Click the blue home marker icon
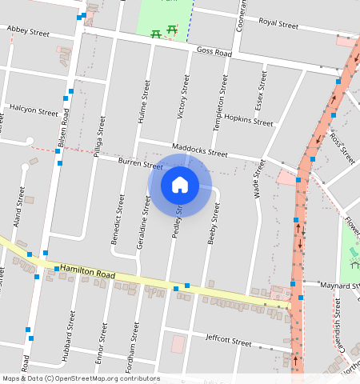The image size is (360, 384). pos(180,186)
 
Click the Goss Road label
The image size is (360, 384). pos(214,51)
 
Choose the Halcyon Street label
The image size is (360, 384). pos(33,110)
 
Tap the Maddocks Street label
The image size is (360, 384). pos(200,150)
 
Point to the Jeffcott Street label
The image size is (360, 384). pos(229,341)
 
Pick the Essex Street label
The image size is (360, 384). pos(260,90)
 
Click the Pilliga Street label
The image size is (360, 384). pos(98,136)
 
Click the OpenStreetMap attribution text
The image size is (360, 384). pos(81,378)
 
